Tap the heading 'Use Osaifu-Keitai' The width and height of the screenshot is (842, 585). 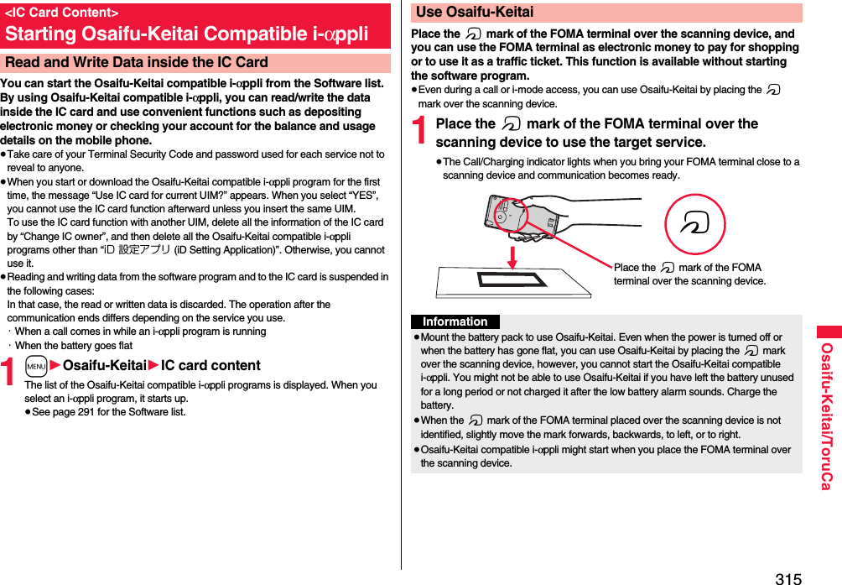[475, 12]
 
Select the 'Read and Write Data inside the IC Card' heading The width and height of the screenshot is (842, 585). [136, 62]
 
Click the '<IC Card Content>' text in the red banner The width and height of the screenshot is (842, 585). [62, 13]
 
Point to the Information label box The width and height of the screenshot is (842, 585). [455, 321]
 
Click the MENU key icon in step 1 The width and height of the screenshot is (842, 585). [36, 366]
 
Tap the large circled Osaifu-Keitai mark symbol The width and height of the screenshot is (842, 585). [694, 224]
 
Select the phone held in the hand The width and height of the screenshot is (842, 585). [521, 215]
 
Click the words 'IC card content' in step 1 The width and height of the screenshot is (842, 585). [210, 366]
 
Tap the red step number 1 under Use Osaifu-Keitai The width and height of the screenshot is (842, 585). [421, 133]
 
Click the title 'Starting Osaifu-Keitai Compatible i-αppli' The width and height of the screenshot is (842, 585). [186, 34]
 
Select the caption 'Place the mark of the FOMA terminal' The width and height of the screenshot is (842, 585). [689, 274]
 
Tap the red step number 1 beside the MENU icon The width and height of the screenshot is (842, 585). [10, 371]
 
